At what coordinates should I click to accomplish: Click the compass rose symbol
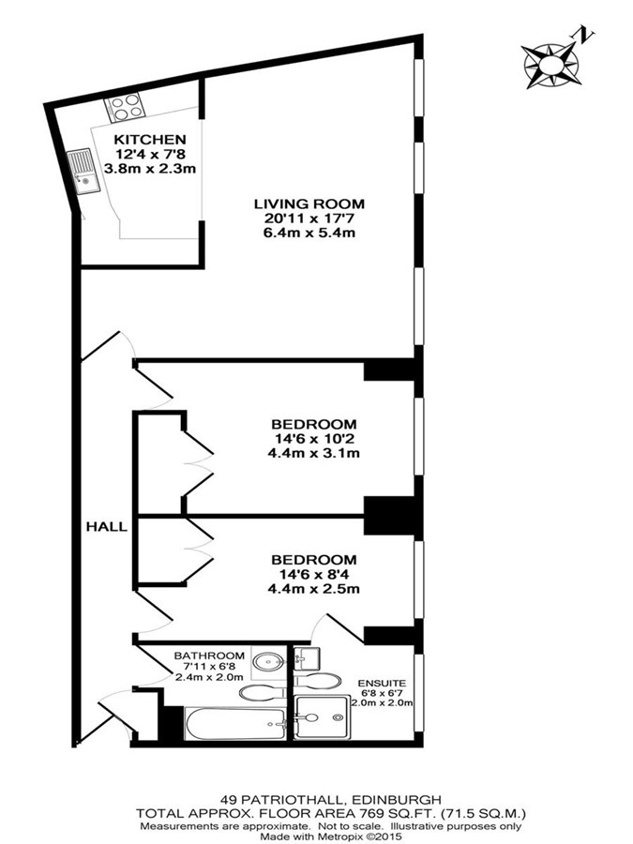click(551, 66)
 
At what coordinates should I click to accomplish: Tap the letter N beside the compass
click(585, 36)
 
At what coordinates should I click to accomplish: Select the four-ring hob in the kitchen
click(126, 107)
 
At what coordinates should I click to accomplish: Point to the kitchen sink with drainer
click(83, 172)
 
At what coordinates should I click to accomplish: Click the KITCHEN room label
click(150, 140)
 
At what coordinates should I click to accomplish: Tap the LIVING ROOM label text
click(309, 204)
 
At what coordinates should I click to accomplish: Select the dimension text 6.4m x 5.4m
click(309, 234)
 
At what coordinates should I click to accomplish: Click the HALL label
click(107, 527)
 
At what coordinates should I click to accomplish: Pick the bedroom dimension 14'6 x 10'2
click(313, 439)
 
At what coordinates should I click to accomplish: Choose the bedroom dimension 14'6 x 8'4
click(313, 574)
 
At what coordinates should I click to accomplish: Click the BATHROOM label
click(209, 656)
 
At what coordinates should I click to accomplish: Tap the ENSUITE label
click(382, 684)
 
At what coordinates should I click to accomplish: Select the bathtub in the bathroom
click(235, 723)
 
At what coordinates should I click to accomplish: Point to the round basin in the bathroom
click(269, 661)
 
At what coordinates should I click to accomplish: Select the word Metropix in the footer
click(333, 836)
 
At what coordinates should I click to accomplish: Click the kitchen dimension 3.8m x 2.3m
click(150, 169)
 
